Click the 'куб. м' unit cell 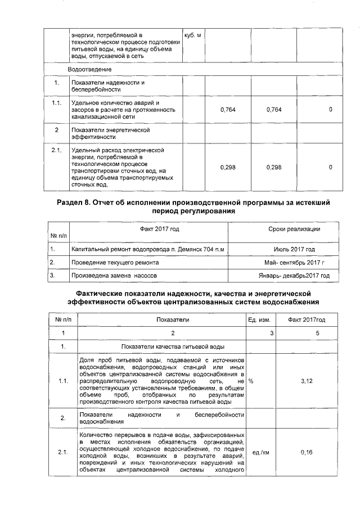coord(193,35)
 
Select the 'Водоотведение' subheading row coord(89,69)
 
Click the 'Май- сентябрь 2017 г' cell coord(294,262)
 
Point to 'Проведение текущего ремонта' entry coord(115,262)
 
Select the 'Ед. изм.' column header coord(259,319)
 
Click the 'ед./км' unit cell coord(259,452)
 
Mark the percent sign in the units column coord(251,381)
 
